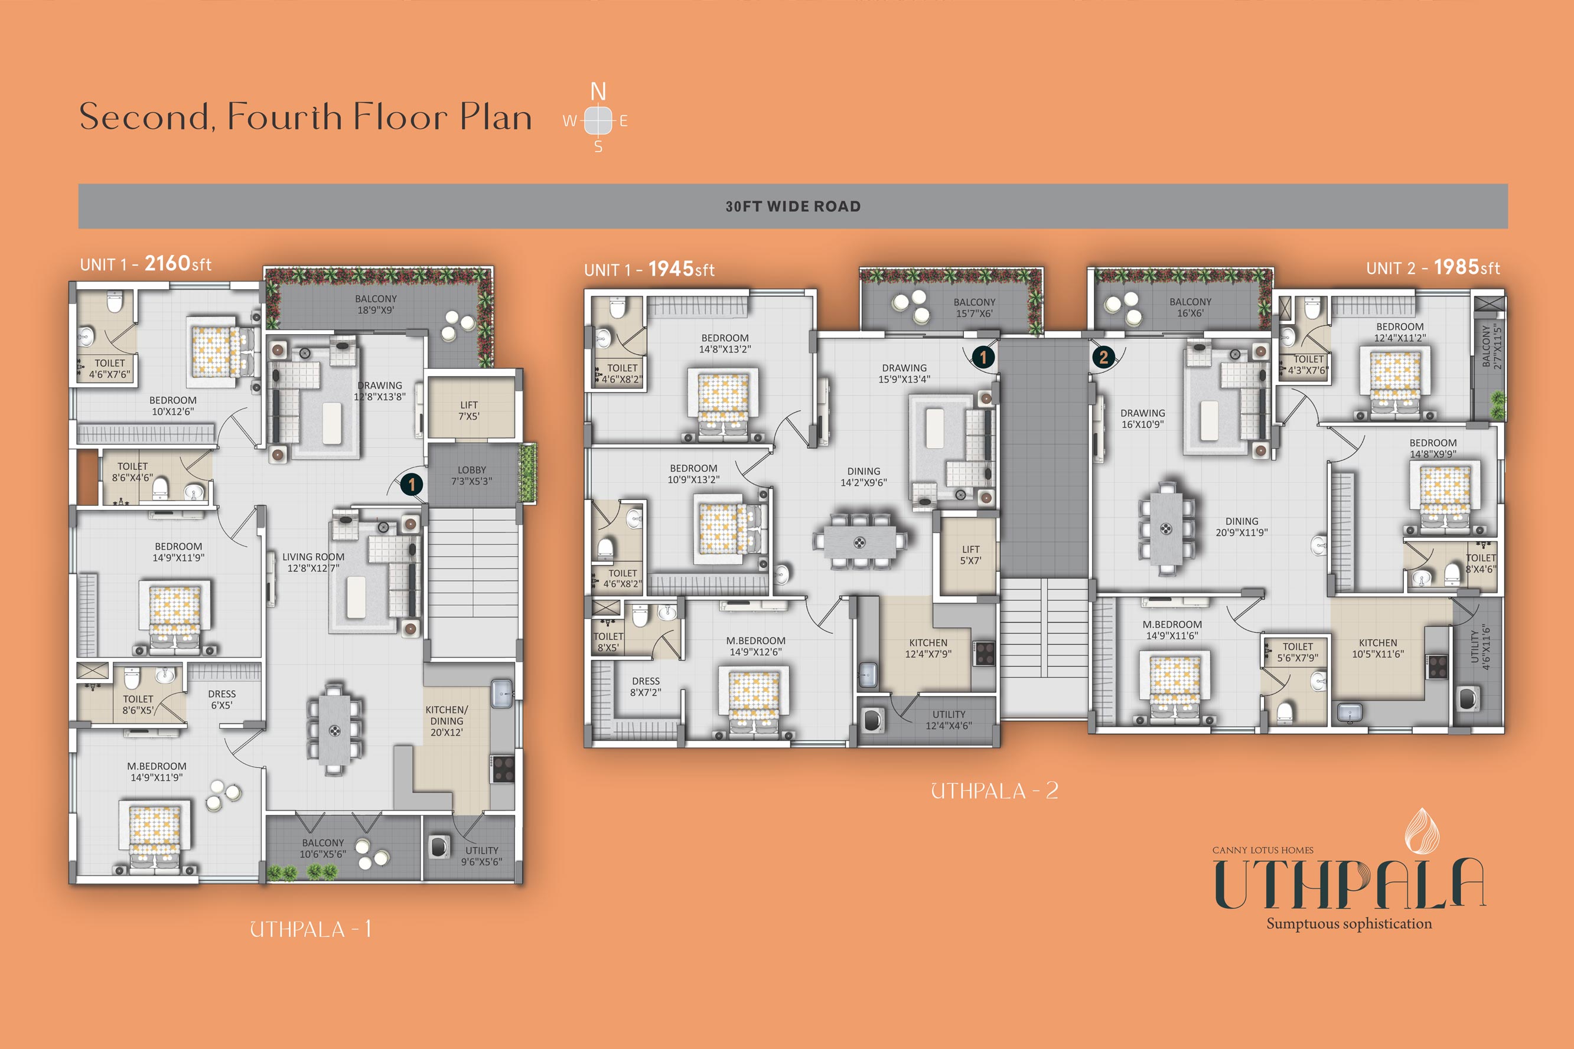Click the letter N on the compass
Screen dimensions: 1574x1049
click(598, 91)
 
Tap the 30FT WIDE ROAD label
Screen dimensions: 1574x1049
click(793, 207)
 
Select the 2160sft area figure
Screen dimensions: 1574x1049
click(178, 264)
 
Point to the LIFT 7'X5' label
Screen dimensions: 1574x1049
click(469, 411)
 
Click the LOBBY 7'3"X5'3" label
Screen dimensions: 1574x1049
click(472, 476)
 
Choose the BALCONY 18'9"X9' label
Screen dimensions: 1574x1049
click(376, 305)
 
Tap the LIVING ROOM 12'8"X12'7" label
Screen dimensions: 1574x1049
click(313, 563)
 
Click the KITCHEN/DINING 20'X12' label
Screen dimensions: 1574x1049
click(447, 721)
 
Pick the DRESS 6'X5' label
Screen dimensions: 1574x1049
click(221, 700)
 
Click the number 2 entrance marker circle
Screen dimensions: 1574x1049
click(1103, 357)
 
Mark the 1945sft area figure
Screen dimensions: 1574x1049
click(681, 269)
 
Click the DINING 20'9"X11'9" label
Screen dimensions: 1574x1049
click(1242, 527)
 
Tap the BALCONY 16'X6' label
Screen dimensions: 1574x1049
click(1191, 308)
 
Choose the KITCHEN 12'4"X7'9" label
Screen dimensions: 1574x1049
click(928, 648)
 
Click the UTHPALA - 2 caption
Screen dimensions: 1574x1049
click(995, 792)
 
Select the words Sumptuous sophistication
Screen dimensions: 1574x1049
click(1349, 924)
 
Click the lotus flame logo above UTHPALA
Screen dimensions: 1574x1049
click(1422, 830)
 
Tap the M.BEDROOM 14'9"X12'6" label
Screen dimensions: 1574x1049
click(755, 646)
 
